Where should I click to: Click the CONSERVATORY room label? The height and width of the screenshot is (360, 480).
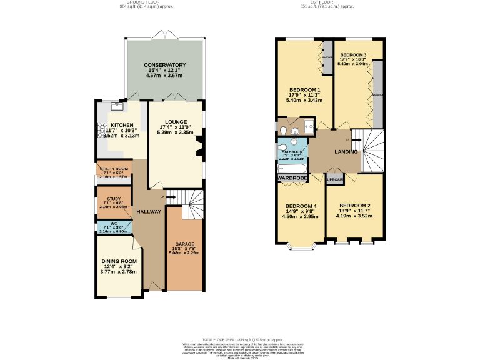pyautogui.click(x=164, y=65)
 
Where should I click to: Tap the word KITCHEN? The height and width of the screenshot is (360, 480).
pyautogui.click(x=121, y=124)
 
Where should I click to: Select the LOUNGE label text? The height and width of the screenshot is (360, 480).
pyautogui.click(x=176, y=122)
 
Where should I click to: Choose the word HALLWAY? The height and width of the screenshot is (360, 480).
pyautogui.click(x=149, y=212)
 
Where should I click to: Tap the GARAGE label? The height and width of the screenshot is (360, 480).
pyautogui.click(x=184, y=244)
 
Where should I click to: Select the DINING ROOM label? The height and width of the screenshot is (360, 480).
pyautogui.click(x=119, y=261)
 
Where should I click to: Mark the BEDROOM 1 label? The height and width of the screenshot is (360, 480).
pyautogui.click(x=302, y=89)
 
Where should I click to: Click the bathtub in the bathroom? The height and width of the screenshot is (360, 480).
pyautogui.click(x=292, y=169)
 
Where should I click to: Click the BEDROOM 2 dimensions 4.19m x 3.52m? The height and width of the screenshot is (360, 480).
pyautogui.click(x=355, y=216)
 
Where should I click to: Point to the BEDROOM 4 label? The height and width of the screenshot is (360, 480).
pyautogui.click(x=301, y=206)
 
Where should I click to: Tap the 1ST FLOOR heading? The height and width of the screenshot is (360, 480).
pyautogui.click(x=327, y=2)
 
